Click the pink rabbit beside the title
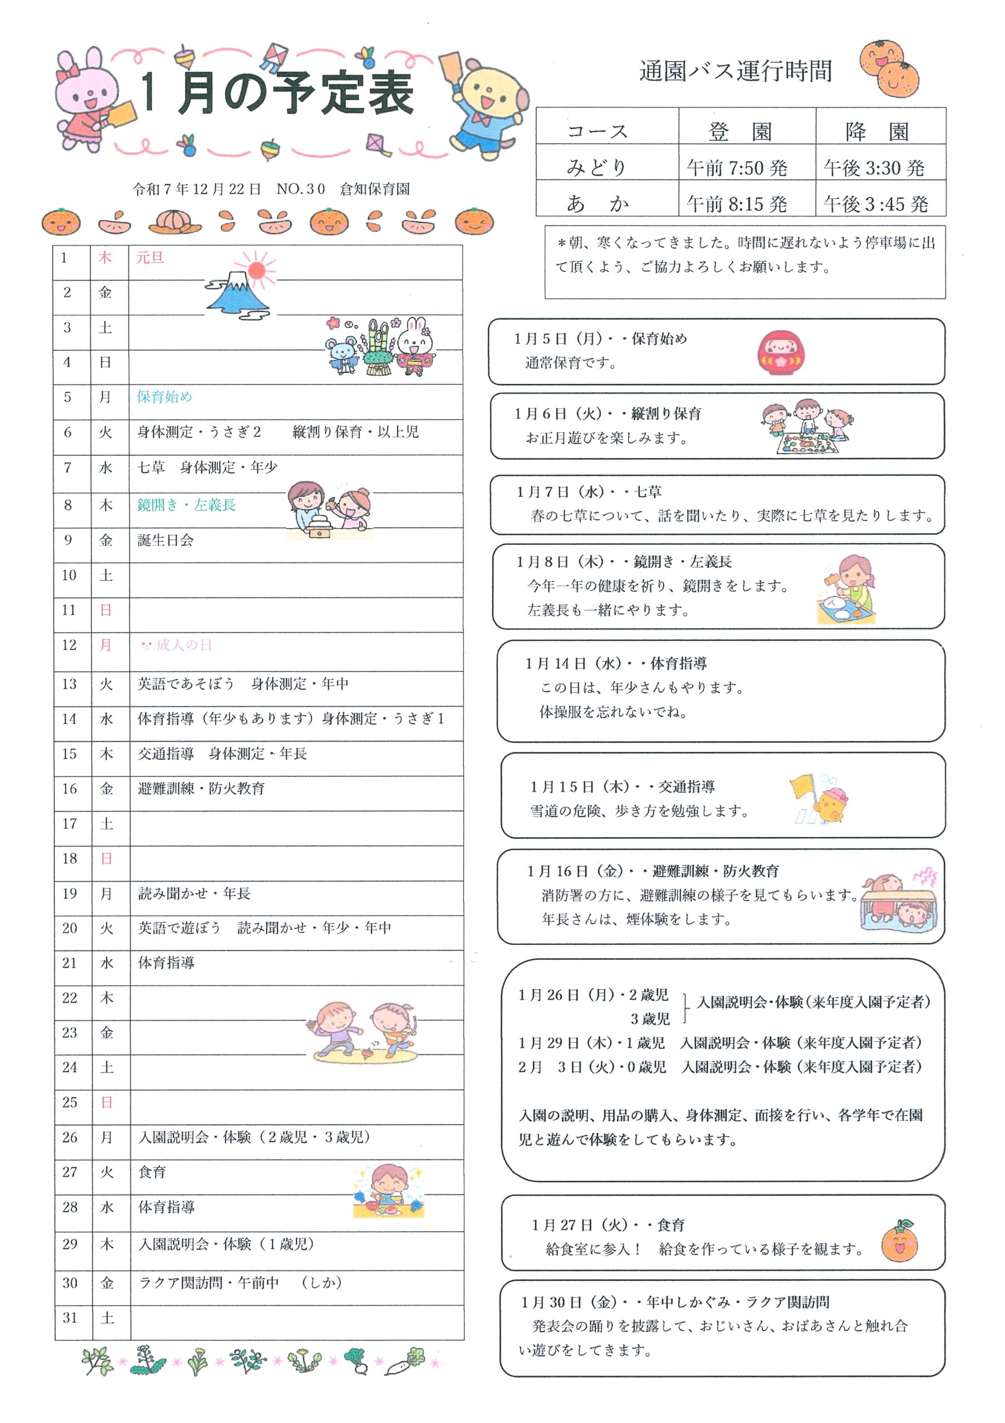tap(87, 99)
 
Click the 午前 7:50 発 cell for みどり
tap(737, 167)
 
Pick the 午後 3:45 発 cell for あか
tap(875, 203)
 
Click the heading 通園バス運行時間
tap(735, 71)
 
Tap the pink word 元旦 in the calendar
tap(150, 258)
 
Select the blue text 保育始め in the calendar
tap(164, 397)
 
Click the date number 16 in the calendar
tap(70, 788)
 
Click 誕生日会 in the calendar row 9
tap(166, 540)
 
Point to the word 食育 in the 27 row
tap(152, 1172)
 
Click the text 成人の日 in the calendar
tap(184, 645)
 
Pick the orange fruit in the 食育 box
tap(899, 1241)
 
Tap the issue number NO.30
tap(301, 189)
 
